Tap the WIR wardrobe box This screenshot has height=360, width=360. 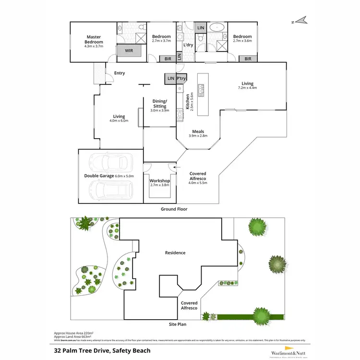(129, 50)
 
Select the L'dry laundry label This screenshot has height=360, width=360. (188, 46)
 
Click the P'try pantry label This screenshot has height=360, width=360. (181, 78)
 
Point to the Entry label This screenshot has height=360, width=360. (119, 73)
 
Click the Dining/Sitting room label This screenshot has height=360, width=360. (160, 104)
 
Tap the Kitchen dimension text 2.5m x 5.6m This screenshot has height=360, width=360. (192, 102)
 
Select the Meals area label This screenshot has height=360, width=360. (198, 132)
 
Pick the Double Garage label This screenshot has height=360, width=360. (100, 176)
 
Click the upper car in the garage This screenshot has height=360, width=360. (111, 163)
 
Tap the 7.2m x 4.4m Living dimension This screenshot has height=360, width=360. (248, 88)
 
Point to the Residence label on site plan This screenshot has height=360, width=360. (175, 253)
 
